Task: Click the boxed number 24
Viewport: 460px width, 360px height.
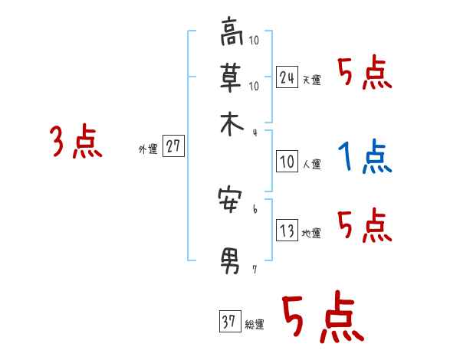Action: click(287, 77)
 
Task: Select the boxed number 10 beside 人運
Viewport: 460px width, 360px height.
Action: click(287, 162)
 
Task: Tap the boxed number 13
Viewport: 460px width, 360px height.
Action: click(287, 231)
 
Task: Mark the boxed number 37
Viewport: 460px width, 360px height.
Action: click(229, 322)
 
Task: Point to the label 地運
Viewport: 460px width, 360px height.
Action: click(311, 234)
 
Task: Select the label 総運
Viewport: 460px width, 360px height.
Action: click(255, 325)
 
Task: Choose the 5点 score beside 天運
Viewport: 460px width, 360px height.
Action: click(364, 75)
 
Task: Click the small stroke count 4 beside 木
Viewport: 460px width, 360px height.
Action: click(255, 132)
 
